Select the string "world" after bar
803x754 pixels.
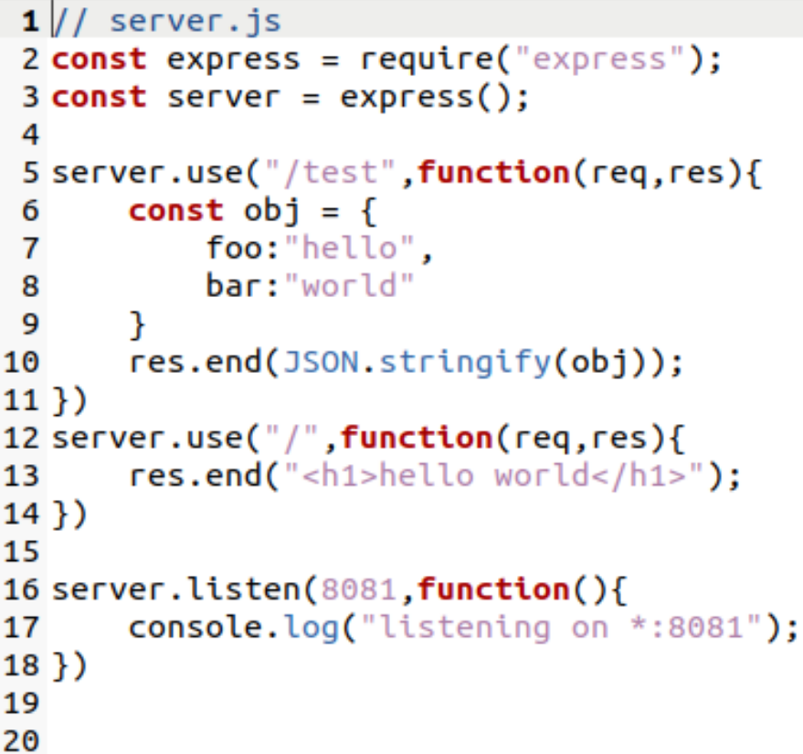(350, 286)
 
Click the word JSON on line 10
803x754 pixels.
(321, 362)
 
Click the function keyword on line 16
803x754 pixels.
(494, 589)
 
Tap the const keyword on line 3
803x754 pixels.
(99, 97)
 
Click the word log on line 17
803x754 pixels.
(301, 628)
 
